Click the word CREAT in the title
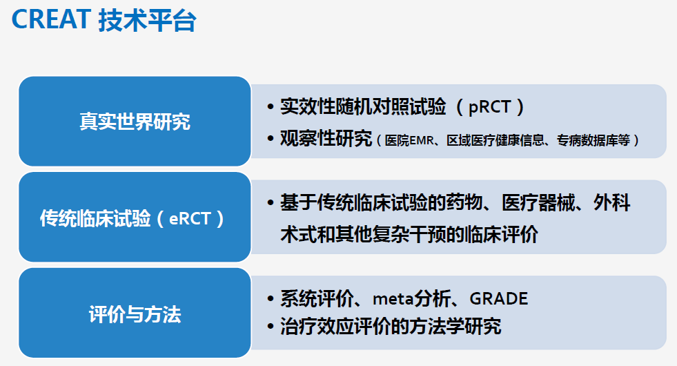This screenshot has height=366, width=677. tap(50, 19)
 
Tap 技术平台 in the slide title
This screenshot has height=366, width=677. tap(147, 20)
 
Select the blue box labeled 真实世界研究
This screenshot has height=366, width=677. tap(135, 122)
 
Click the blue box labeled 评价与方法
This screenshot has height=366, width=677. tap(135, 313)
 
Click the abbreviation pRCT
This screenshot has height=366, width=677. tap(489, 107)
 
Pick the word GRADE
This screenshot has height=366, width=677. tap(499, 298)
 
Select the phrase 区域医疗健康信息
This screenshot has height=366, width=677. tap(496, 140)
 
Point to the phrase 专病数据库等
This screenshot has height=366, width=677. tap(593, 140)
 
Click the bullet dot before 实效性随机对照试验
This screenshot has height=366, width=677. tap(271, 107)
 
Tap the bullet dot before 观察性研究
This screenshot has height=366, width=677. tap(271, 139)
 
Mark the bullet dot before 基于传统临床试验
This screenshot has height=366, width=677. tap(271, 202)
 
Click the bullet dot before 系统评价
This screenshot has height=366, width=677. tap(271, 298)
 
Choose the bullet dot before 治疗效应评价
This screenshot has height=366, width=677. tap(271, 326)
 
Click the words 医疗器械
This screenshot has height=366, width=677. tap(538, 202)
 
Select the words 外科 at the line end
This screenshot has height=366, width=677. tap(612, 202)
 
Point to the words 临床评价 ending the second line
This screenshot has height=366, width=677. tap(502, 235)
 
